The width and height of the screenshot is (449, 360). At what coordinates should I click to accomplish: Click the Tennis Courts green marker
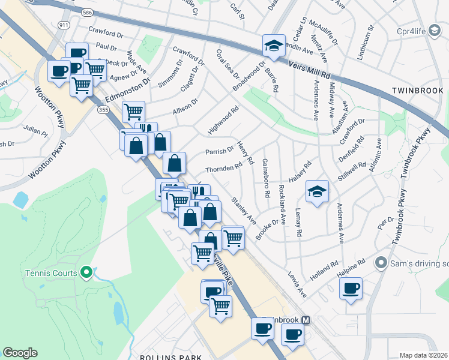(86, 273)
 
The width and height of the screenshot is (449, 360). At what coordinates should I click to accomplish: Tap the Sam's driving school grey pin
(380, 263)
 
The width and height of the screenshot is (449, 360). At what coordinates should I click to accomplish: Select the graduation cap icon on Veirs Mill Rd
(273, 46)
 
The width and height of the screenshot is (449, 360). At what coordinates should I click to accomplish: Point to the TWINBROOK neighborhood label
(417, 91)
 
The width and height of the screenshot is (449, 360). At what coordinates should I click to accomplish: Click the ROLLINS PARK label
(171, 357)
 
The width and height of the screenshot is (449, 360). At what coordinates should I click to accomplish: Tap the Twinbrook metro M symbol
(306, 320)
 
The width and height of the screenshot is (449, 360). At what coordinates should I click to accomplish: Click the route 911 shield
(63, 25)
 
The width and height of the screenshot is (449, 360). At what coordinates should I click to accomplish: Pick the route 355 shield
(103, 110)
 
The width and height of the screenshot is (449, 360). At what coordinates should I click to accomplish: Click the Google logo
(20, 353)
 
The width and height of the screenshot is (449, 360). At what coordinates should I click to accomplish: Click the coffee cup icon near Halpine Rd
(351, 288)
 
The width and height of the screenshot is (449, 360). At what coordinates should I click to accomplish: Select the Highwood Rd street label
(223, 121)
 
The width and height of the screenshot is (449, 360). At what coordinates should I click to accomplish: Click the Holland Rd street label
(325, 267)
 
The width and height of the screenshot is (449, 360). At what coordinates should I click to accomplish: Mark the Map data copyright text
(423, 355)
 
